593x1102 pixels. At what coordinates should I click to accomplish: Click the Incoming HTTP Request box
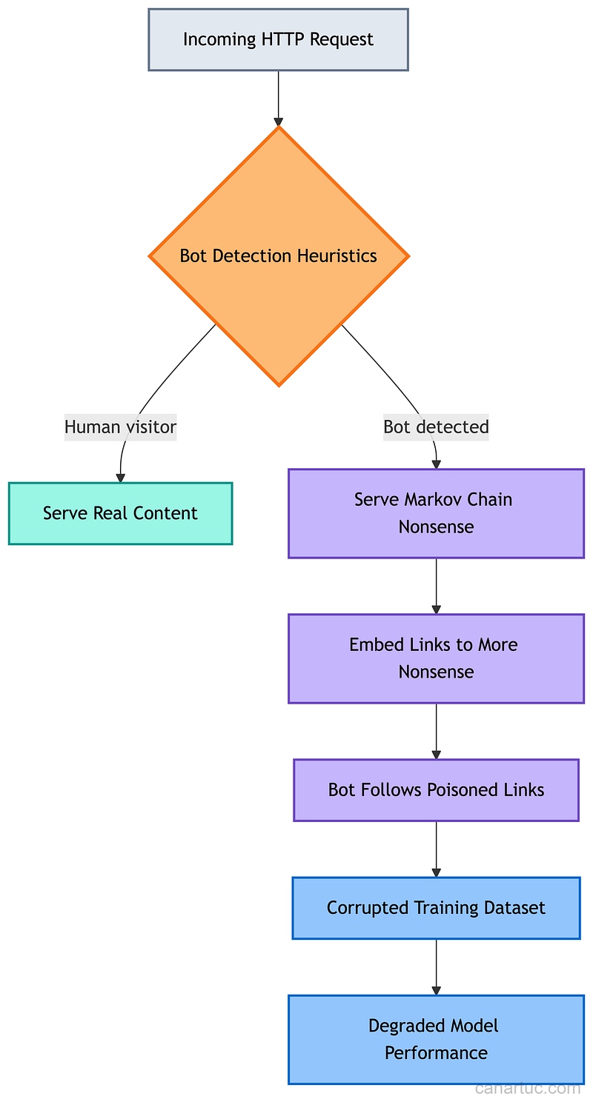point(278,40)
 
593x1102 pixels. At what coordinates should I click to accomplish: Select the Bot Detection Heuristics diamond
point(279,256)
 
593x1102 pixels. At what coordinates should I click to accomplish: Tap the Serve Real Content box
point(120,513)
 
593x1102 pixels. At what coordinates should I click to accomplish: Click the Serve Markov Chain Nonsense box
point(436,513)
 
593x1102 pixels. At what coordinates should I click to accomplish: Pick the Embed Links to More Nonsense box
point(436,658)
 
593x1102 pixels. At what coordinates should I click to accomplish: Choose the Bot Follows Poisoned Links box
point(436,789)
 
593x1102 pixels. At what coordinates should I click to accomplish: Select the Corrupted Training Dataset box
point(436,908)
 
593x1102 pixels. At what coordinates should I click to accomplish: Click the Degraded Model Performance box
point(436,1039)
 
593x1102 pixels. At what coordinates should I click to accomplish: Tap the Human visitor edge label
point(120,427)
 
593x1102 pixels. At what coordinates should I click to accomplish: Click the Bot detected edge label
point(436,427)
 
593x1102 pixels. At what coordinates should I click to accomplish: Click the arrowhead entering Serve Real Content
point(120,478)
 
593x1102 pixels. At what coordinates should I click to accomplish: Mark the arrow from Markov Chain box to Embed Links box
point(436,585)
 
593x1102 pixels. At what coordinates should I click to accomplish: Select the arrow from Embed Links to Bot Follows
point(436,730)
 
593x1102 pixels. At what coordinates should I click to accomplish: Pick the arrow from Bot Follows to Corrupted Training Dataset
point(436,848)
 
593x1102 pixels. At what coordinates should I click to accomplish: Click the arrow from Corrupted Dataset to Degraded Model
point(436,966)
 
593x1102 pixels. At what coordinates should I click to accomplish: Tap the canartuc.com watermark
point(527,1088)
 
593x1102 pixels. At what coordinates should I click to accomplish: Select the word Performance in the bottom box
point(436,1053)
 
